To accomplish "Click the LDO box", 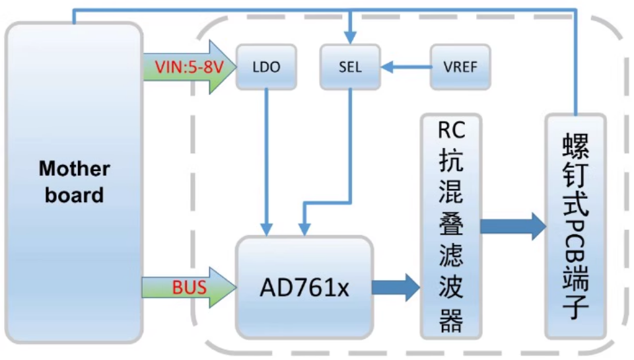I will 265,67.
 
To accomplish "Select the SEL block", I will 350,67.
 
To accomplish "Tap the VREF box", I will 460,67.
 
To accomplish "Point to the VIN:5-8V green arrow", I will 186,67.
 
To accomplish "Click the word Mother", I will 74,169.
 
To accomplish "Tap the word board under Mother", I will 74,196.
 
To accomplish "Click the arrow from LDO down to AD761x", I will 266,159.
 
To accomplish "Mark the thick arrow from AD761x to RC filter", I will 396,287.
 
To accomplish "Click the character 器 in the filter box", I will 452,322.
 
